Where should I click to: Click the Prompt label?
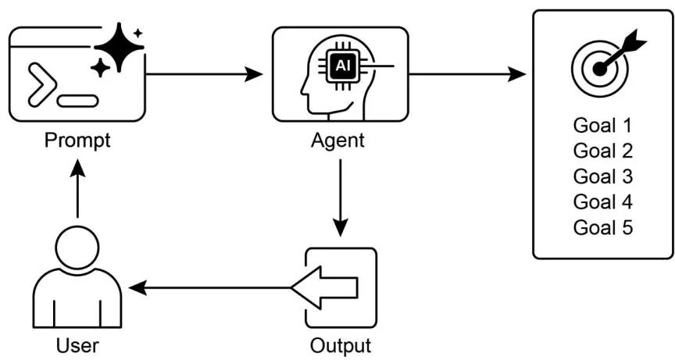[x=77, y=141]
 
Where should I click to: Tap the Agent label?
[x=337, y=141]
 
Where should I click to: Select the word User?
[x=77, y=344]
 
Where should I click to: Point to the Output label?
[x=341, y=344]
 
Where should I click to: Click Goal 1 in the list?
[x=602, y=125]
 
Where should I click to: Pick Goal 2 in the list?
[x=602, y=150]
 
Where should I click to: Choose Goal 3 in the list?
[x=602, y=176]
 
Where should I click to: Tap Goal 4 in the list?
[x=602, y=201]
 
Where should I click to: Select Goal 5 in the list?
[x=602, y=227]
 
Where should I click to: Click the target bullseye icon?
[x=599, y=67]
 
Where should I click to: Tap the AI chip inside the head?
[x=342, y=67]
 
